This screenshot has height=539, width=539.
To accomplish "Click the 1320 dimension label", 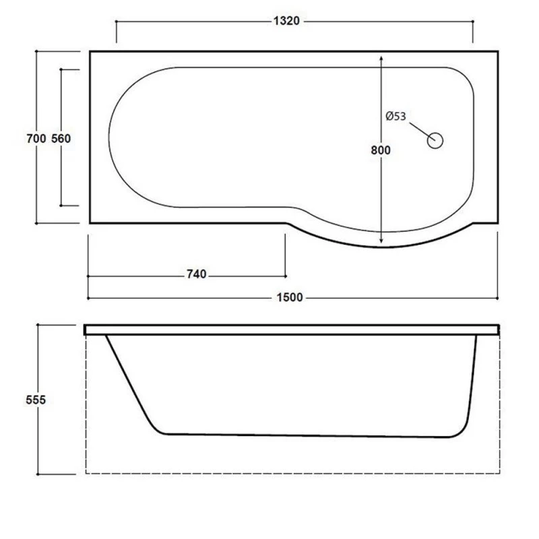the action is coord(286,21).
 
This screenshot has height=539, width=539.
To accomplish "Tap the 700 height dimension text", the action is coord(36,139).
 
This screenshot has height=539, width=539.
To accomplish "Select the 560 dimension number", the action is coord(61,139).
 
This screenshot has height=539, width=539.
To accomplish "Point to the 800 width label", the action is coord(381,150).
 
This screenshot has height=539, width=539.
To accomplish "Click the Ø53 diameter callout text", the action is coord(395,116).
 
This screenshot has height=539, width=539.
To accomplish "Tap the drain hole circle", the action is coord(435,141).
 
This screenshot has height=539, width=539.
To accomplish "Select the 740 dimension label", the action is coord(197,274).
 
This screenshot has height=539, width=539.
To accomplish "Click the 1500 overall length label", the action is coord(290,297).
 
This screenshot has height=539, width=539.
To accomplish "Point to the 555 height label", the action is coord(36,400).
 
